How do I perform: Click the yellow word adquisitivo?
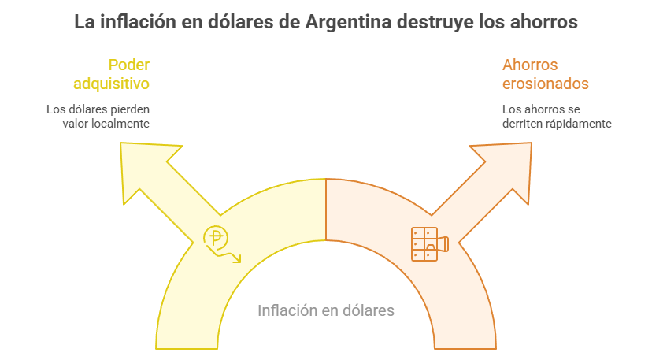click(x=111, y=83)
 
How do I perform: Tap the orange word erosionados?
click(x=546, y=83)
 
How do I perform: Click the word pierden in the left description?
click(x=128, y=109)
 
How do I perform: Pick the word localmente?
click(x=121, y=124)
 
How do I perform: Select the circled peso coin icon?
click(x=216, y=237)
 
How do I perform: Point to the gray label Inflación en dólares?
click(x=326, y=310)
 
